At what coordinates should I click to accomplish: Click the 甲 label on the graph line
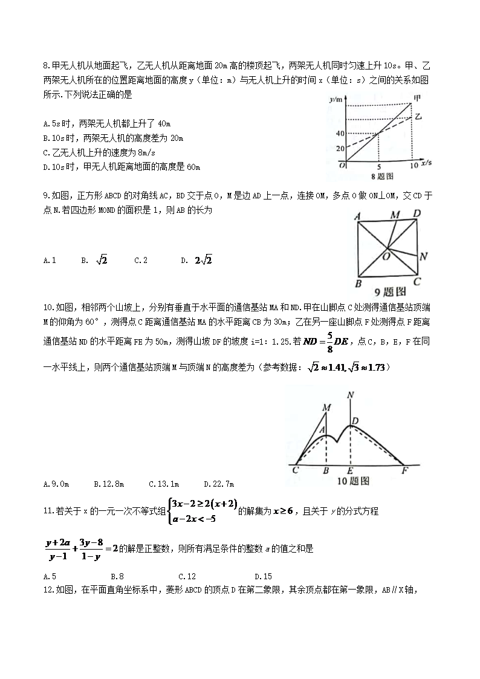(x=417, y=98)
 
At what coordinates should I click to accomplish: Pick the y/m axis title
(x=336, y=99)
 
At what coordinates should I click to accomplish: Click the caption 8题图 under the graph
(x=382, y=177)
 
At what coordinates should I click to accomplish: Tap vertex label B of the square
(x=358, y=284)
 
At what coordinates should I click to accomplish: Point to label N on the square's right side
(x=424, y=256)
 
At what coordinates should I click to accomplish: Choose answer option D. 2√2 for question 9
(x=197, y=260)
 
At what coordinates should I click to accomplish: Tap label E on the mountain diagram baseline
(x=350, y=470)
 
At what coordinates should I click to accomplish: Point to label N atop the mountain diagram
(x=351, y=395)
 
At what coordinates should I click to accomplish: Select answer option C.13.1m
(x=164, y=484)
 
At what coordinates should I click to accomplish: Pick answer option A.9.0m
(x=57, y=484)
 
